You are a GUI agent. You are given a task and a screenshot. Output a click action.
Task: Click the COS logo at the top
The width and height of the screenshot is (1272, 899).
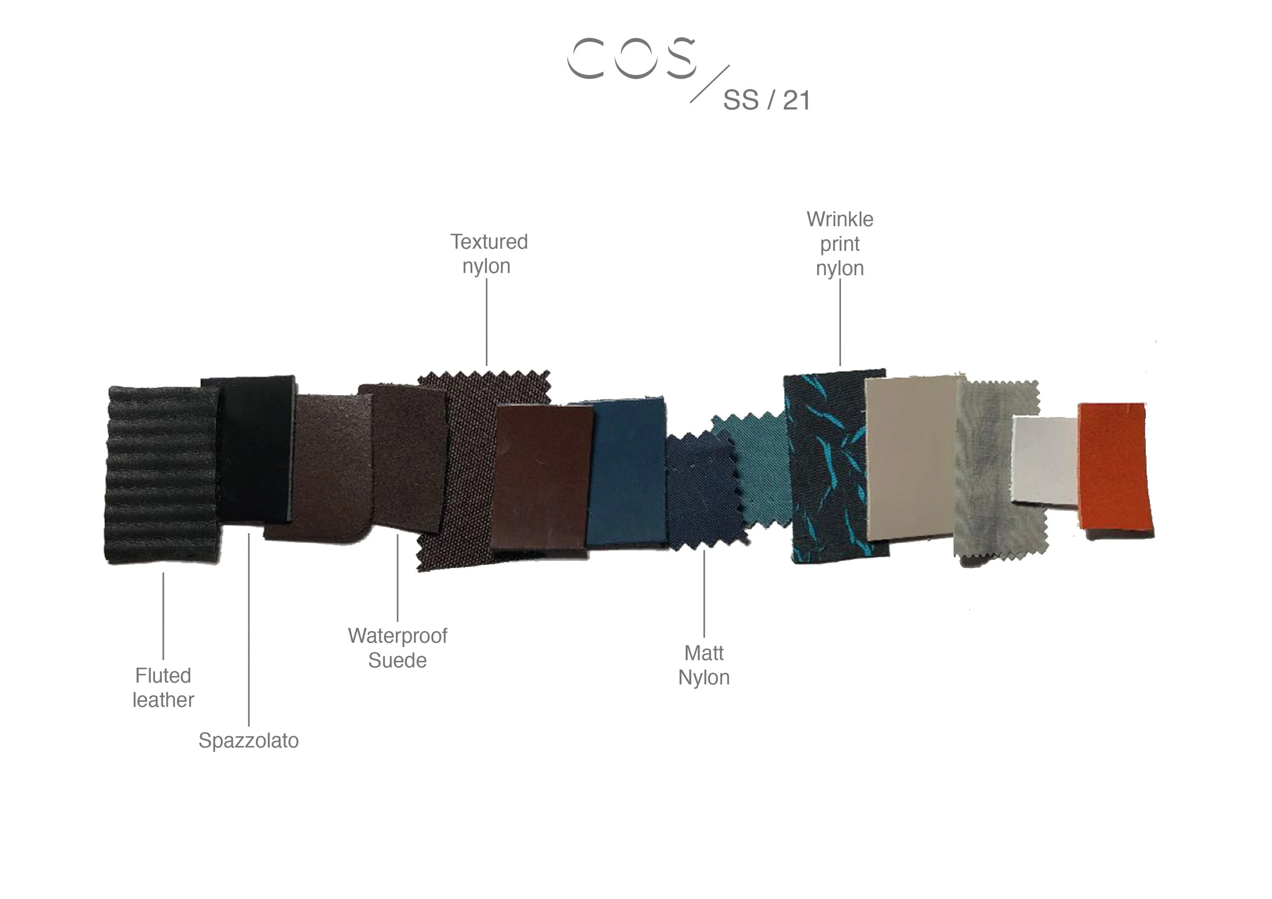pos(631,58)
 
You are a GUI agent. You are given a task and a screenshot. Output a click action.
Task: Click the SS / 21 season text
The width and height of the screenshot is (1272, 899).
pos(767,100)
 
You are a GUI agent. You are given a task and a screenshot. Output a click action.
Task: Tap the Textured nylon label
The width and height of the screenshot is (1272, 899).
pos(488,254)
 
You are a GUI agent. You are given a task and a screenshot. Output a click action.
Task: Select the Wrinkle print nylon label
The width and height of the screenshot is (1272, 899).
pos(840,244)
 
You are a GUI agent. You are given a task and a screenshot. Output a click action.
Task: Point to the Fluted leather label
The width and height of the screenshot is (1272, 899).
pos(163,687)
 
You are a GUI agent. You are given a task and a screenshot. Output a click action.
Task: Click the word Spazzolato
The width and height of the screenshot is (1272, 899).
pos(249,741)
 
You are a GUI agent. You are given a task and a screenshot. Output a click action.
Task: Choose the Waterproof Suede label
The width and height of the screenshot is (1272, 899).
pos(397,648)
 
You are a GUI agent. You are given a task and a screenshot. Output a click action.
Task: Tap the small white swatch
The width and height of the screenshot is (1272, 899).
pos(1045,461)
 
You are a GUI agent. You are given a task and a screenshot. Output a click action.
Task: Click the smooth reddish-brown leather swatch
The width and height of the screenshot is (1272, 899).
pos(541,478)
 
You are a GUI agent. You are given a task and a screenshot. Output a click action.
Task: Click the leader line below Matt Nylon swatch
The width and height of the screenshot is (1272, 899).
pos(704,593)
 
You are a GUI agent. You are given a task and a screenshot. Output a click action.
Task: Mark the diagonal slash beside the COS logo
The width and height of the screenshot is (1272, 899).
pos(710,83)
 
